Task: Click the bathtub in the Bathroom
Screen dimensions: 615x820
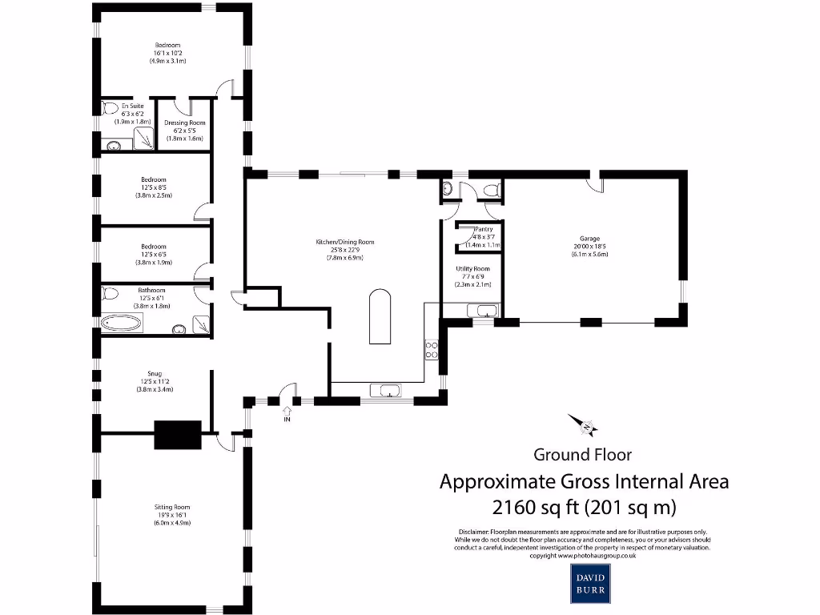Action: (122, 324)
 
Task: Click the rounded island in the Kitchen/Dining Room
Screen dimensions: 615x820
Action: (381, 317)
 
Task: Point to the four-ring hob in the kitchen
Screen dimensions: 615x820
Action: (431, 349)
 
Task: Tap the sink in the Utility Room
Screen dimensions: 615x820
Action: (486, 311)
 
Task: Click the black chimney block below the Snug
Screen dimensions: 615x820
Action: (177, 434)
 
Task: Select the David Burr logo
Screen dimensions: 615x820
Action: (591, 582)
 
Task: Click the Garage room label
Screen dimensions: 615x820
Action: (589, 238)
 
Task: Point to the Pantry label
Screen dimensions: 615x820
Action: (484, 229)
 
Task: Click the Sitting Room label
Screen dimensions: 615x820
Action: (172, 507)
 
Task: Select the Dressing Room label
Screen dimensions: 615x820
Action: (185, 123)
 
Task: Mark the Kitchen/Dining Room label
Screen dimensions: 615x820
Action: (344, 242)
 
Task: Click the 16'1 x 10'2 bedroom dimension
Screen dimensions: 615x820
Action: (167, 53)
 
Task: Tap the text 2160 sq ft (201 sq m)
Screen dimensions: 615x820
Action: (584, 507)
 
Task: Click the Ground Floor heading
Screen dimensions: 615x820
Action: (582, 455)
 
